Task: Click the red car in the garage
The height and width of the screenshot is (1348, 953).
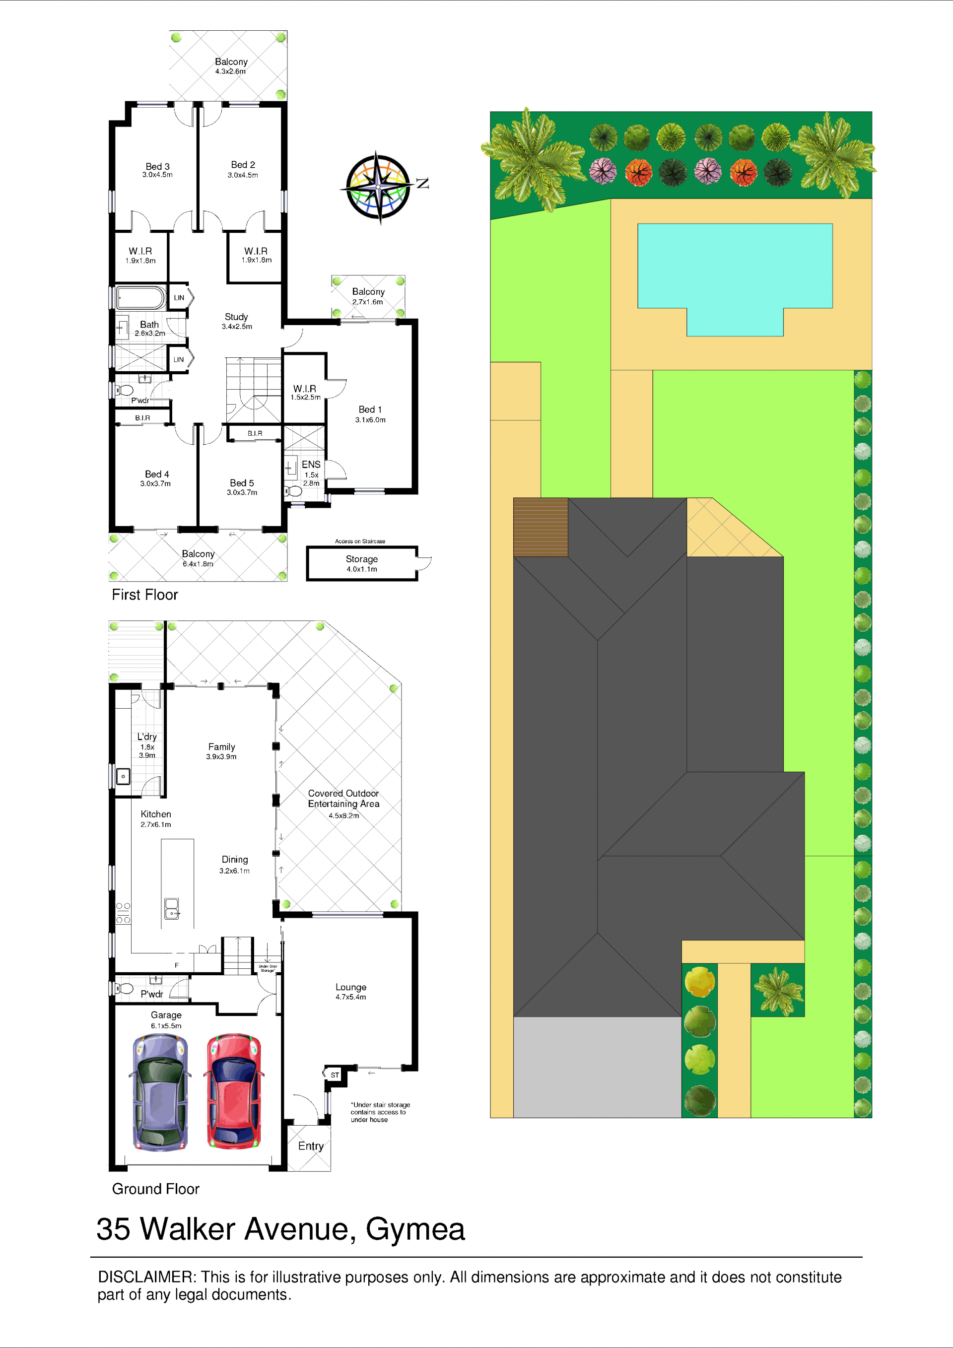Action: pyautogui.click(x=234, y=1091)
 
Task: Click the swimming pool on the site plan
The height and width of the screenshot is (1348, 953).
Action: pyautogui.click(x=735, y=279)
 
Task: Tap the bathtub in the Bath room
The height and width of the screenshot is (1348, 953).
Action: pyautogui.click(x=140, y=298)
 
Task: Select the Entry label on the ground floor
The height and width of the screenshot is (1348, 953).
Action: pyautogui.click(x=311, y=1146)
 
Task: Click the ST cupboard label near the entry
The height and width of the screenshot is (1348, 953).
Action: pyautogui.click(x=335, y=1075)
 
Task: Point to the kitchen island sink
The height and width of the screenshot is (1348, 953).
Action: pyautogui.click(x=171, y=909)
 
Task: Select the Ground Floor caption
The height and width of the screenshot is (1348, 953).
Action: pyautogui.click(x=155, y=1189)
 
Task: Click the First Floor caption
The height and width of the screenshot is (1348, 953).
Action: pyautogui.click(x=144, y=595)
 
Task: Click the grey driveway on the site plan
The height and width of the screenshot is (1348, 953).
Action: pyautogui.click(x=597, y=1067)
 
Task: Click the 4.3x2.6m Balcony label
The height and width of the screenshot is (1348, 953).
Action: pyautogui.click(x=231, y=66)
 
